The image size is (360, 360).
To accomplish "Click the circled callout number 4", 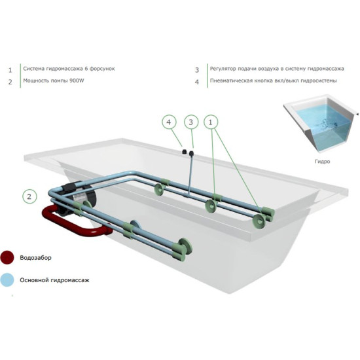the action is tap(169, 122).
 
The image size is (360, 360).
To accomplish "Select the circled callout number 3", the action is tap(191, 122).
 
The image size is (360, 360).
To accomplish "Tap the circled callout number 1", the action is tap(211, 122).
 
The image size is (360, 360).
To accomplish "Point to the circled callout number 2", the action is tap(29, 196).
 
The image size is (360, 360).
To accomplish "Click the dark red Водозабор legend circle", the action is tap(7, 257).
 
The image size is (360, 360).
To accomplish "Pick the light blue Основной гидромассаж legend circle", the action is tap(7, 280).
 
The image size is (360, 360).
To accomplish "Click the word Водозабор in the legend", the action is tap(35, 258).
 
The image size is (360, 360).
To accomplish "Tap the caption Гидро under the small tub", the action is tap(322, 162).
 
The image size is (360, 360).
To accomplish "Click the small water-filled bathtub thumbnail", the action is tap(321, 124).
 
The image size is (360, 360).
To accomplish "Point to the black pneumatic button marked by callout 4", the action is tap(184, 152).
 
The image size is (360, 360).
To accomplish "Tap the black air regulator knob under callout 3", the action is tap(191, 153).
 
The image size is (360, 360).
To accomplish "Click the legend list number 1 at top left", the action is tap(10, 70).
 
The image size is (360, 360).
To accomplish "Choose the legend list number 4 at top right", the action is tap(197, 82).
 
